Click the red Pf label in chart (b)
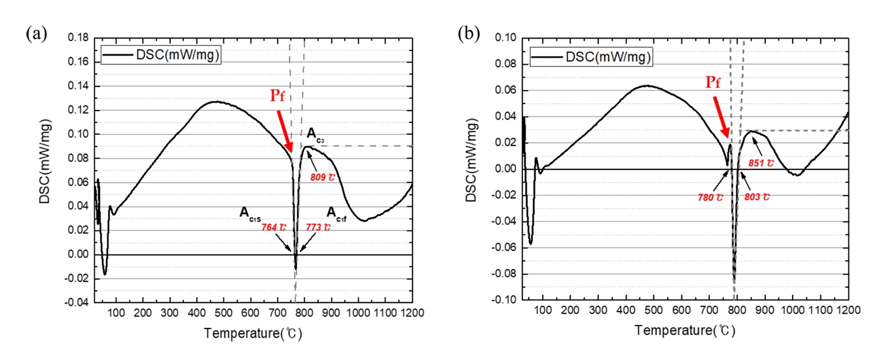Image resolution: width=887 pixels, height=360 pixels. point(715,83)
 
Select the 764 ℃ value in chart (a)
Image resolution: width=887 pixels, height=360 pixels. point(274,226)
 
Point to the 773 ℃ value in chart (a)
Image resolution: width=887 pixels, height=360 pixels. point(319,226)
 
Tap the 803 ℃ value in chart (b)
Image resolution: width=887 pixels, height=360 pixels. point(757,196)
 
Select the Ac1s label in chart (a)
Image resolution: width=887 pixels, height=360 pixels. point(252,213)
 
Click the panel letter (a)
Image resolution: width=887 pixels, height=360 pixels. point(36,33)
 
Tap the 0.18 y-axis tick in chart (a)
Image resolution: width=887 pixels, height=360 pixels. point(79,38)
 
